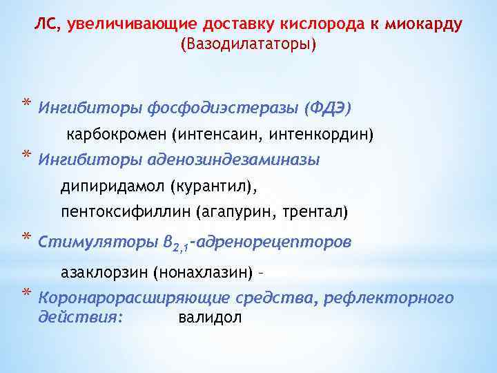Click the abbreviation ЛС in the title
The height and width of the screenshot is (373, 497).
click(x=46, y=26)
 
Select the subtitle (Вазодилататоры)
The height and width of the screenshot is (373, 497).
click(x=248, y=45)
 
